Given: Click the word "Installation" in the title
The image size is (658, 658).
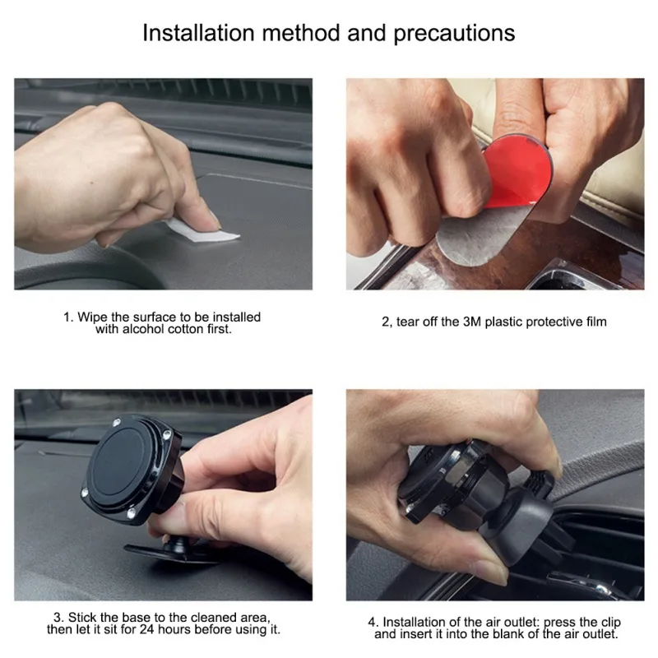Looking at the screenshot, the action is (198, 33).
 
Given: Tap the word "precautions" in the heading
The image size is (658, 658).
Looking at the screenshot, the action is (454, 34).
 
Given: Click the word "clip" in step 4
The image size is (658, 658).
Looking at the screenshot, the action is (609, 623).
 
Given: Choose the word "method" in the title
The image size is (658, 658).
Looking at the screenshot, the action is (300, 33).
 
